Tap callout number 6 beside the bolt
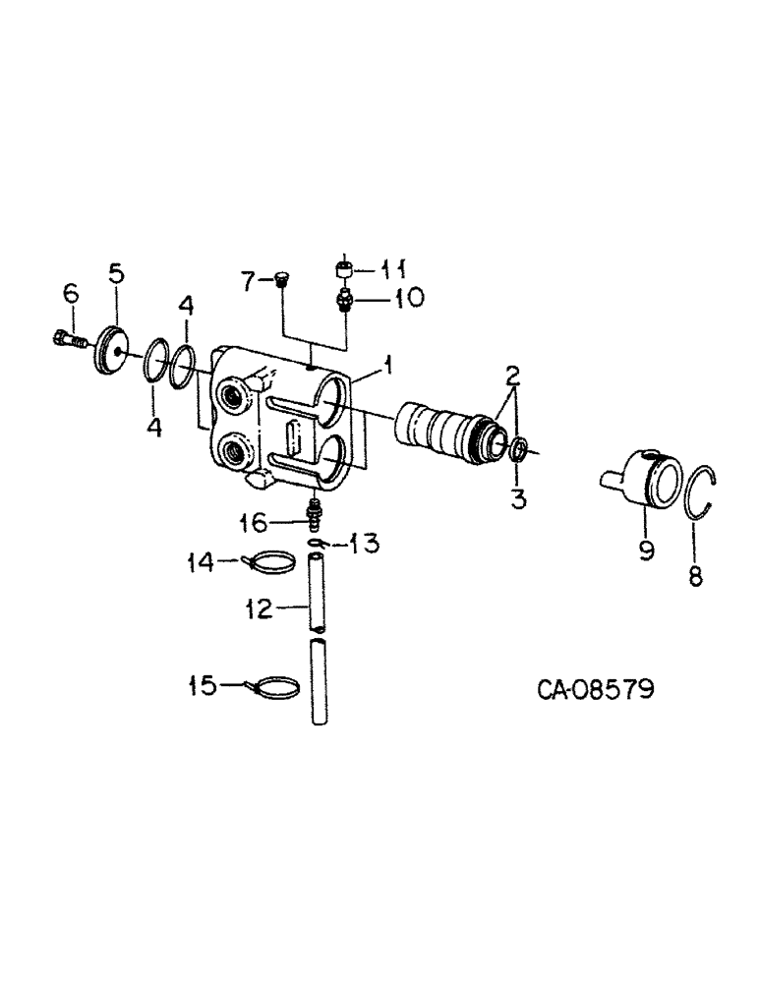70,293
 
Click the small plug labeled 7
279,282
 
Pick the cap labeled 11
344,267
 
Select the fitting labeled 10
345,298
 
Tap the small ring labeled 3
520,450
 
